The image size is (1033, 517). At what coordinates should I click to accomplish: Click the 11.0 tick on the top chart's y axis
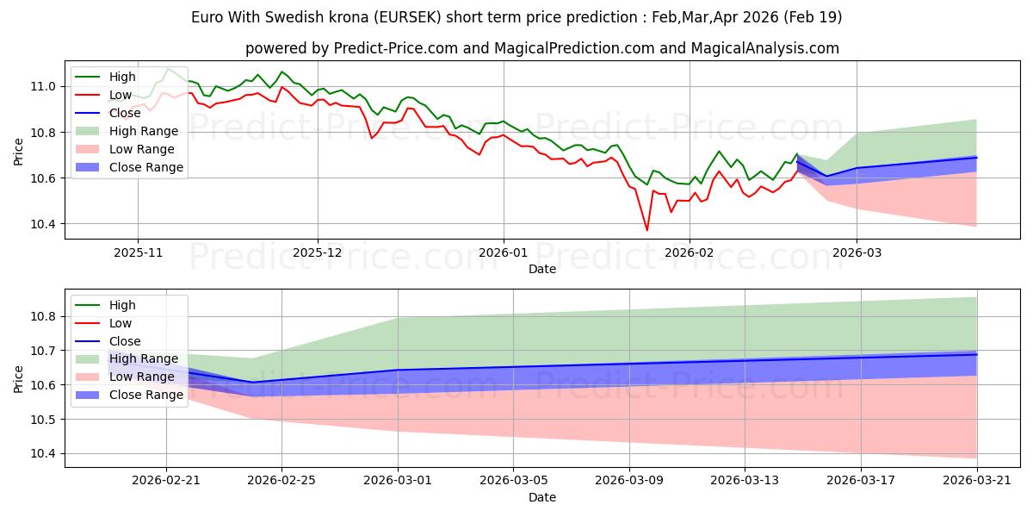click(43, 86)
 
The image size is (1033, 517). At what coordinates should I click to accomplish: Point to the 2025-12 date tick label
click(318, 253)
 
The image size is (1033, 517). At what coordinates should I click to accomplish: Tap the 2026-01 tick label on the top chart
click(504, 253)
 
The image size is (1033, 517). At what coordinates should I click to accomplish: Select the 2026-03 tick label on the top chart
click(857, 253)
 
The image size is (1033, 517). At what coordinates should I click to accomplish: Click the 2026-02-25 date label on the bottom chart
click(281, 481)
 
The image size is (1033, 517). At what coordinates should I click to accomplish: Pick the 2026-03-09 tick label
click(629, 481)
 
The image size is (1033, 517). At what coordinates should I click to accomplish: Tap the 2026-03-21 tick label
click(977, 481)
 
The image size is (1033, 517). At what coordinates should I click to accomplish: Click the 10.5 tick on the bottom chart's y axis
click(43, 420)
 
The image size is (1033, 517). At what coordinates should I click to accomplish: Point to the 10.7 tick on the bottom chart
click(43, 351)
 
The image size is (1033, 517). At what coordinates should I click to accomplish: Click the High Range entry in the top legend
click(144, 131)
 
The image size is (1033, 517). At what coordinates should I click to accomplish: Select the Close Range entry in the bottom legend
click(146, 396)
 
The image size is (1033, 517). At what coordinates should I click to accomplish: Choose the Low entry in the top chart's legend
click(121, 95)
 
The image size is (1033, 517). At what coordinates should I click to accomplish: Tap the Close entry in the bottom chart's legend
click(125, 341)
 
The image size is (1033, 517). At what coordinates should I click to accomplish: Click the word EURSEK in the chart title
click(407, 17)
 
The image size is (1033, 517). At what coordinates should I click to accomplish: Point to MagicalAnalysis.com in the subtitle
click(765, 48)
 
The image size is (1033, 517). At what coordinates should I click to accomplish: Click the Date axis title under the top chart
click(542, 269)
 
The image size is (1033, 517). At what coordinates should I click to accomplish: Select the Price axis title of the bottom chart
click(18, 379)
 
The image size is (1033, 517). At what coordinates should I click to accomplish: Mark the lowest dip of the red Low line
click(647, 230)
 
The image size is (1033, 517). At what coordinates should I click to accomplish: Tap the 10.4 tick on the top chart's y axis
click(43, 224)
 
